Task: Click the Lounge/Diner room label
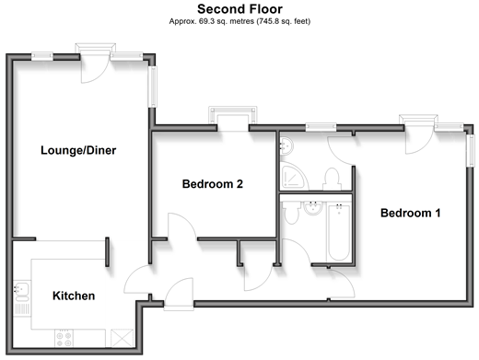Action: point(78,150)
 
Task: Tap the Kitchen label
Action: point(74,296)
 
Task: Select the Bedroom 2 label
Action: point(213,184)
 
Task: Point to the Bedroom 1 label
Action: point(411,213)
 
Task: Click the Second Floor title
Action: point(239,9)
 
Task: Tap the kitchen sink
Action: point(21,292)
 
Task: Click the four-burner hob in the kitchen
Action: point(64,338)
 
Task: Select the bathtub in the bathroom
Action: point(339,232)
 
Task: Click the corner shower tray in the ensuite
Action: point(293,177)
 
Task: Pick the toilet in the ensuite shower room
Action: point(332,180)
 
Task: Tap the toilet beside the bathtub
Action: point(291,213)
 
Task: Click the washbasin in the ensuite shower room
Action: point(286,145)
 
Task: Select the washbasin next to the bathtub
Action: point(313,208)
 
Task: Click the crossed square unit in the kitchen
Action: point(122,338)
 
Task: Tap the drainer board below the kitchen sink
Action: point(22,309)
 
